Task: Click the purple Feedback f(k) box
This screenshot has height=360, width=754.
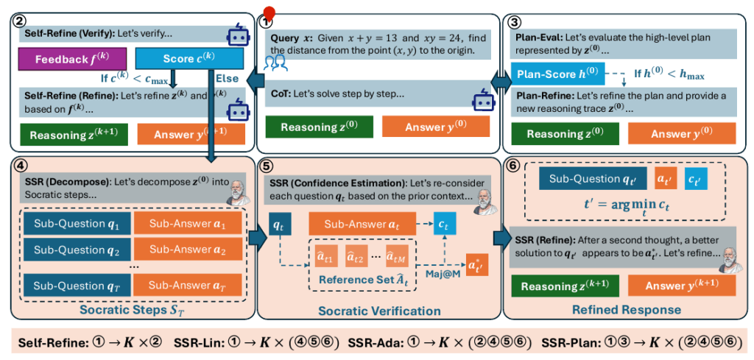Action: coord(69,58)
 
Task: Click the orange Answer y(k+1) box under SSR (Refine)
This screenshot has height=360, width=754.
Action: coord(682,285)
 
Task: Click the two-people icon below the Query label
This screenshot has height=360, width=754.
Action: coord(274,63)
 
